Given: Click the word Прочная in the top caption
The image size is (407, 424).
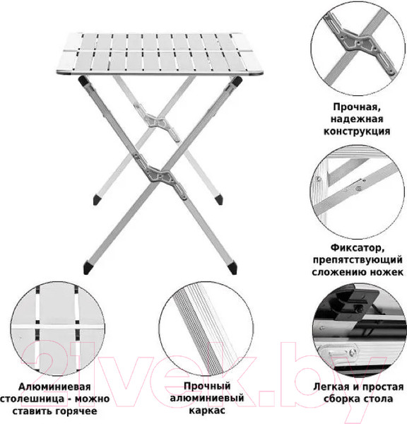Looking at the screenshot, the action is (357, 107).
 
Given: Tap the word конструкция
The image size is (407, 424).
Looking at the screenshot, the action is (357, 131).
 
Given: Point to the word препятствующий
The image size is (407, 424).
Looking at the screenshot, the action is (358, 260).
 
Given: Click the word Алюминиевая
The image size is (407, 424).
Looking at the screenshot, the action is (54, 387).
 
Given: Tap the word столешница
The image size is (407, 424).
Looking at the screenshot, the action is (33, 399).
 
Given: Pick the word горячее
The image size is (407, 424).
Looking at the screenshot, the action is (76, 411).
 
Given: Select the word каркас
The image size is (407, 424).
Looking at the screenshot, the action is (207, 411).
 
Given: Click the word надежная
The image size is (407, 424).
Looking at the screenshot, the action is (357, 119).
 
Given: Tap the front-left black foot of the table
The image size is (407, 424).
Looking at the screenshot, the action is (88, 268).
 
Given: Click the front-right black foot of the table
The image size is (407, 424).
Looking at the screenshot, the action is (232, 269).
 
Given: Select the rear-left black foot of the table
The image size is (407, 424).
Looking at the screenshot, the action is (97, 199).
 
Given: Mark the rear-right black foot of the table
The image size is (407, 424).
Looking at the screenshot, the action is (219, 199).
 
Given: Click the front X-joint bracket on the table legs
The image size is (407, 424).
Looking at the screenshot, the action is (160, 176).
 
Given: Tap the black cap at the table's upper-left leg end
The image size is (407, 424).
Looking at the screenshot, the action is (83, 80).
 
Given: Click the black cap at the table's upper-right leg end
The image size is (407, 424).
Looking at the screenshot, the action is (237, 81).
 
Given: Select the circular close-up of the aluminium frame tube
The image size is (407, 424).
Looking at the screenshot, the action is (206, 329).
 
